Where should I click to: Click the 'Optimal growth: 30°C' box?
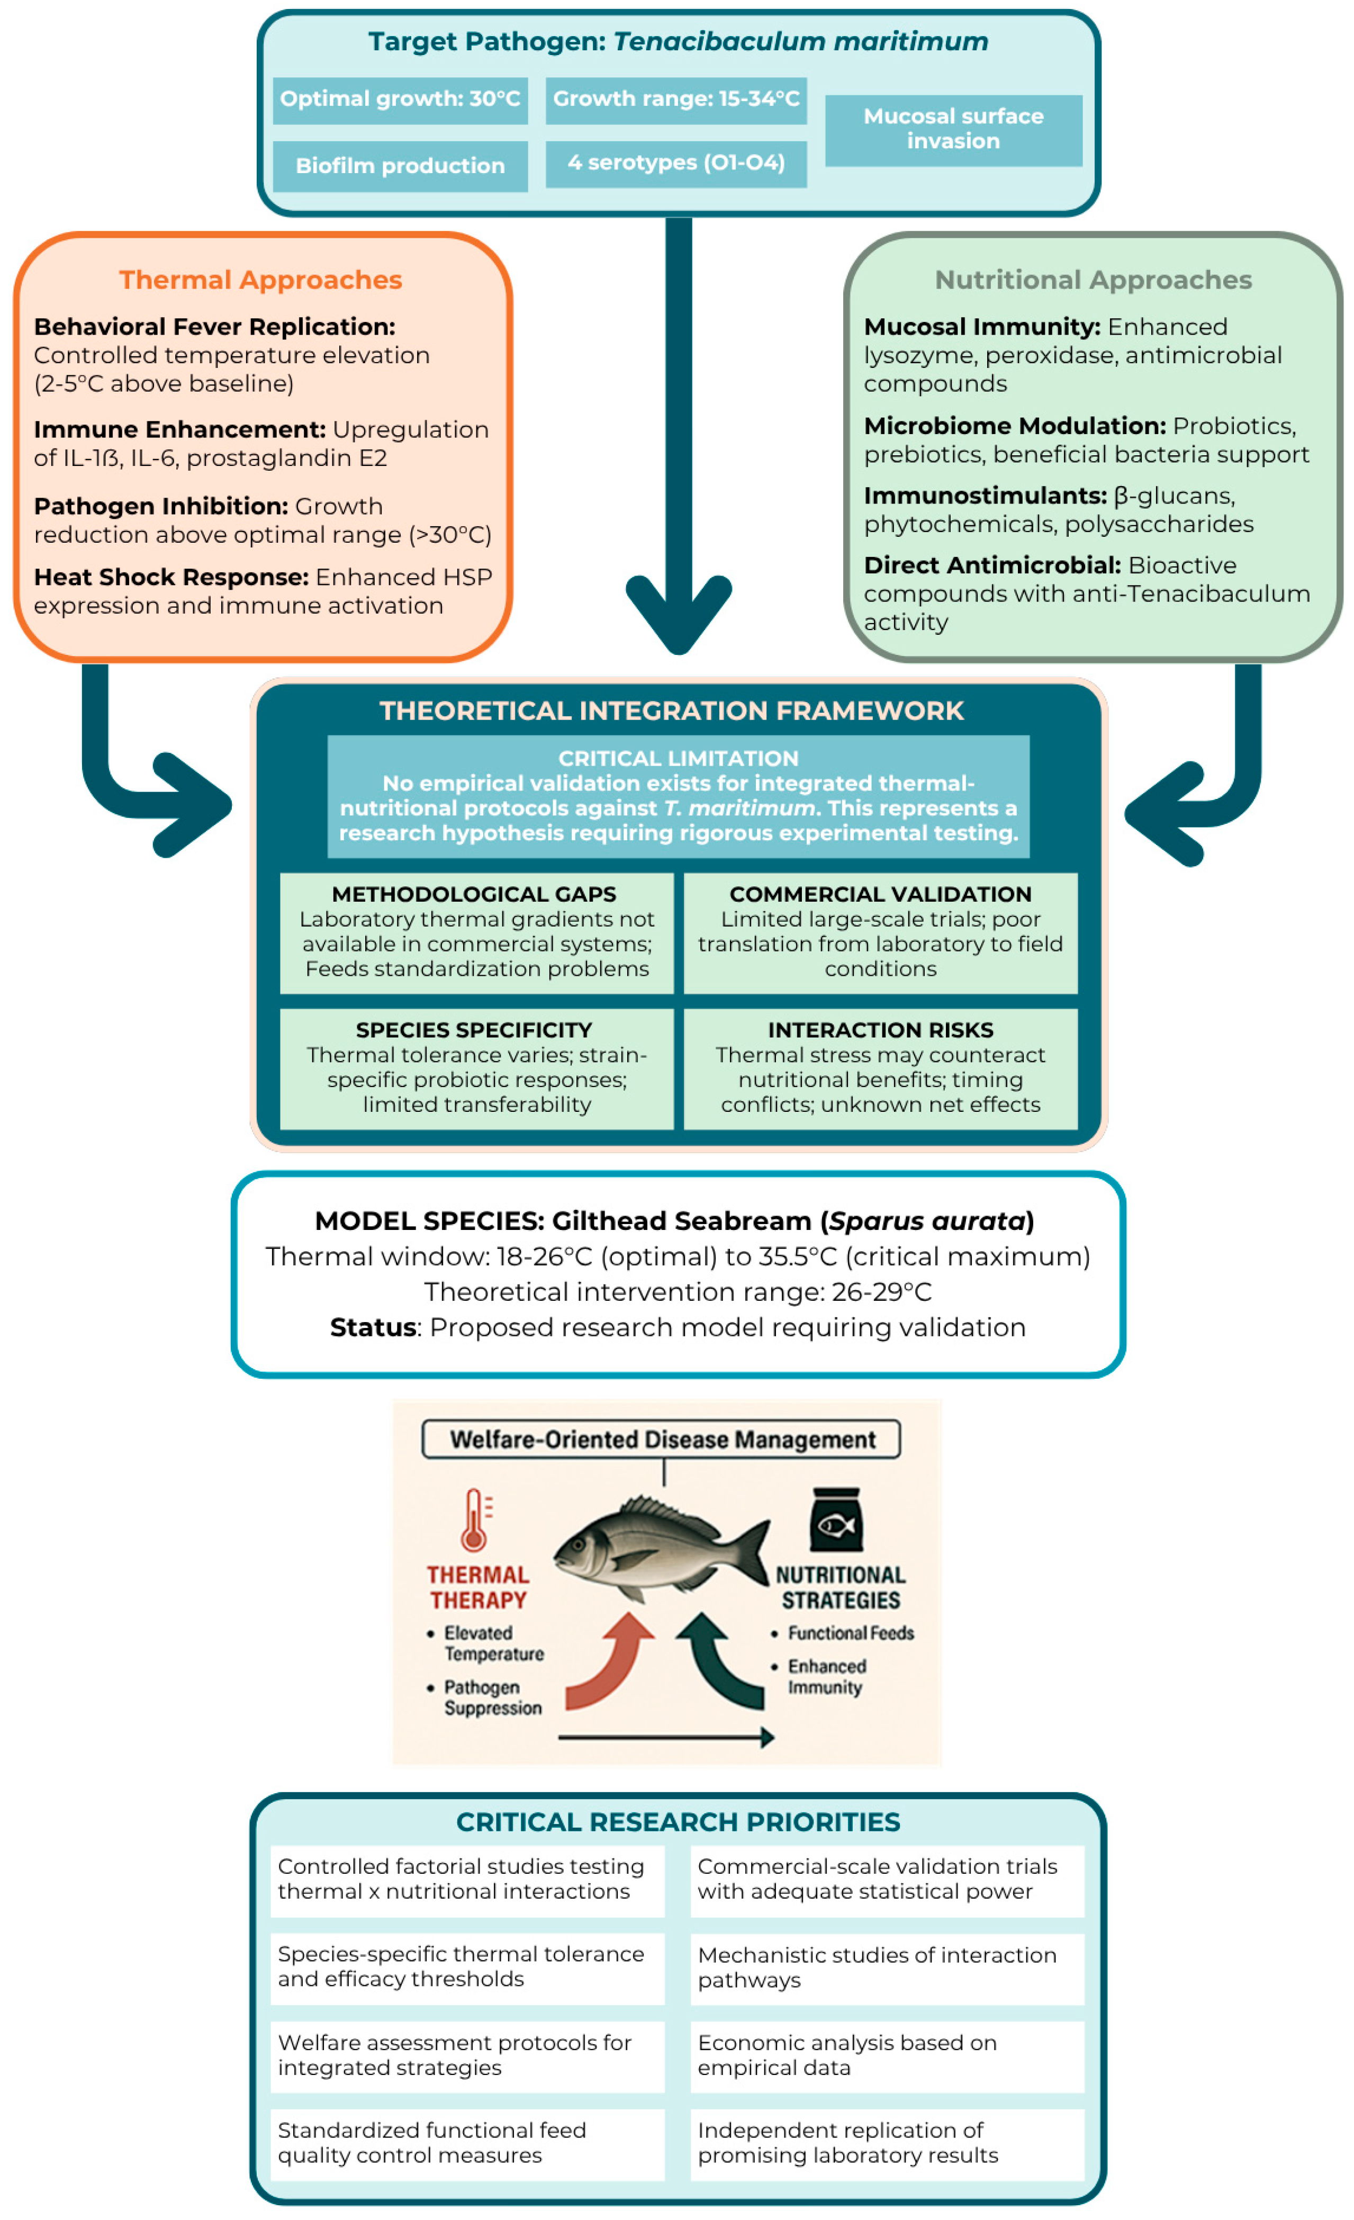[x=400, y=99]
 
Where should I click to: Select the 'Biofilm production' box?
[x=400, y=166]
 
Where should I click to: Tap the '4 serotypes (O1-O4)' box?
[x=675, y=163]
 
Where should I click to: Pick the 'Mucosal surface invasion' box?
[x=953, y=130]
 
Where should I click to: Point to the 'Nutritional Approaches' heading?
[x=1093, y=280]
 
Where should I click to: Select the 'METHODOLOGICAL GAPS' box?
[x=476, y=932]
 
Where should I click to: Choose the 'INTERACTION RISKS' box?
[x=880, y=1068]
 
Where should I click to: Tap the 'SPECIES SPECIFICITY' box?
[x=476, y=1068]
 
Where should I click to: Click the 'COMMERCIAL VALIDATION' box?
[x=880, y=932]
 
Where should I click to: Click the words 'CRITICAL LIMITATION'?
[x=678, y=759]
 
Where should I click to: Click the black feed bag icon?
[x=836, y=1520]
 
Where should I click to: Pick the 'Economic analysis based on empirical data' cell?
[x=887, y=2055]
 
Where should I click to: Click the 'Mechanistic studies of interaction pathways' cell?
[x=887, y=1968]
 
